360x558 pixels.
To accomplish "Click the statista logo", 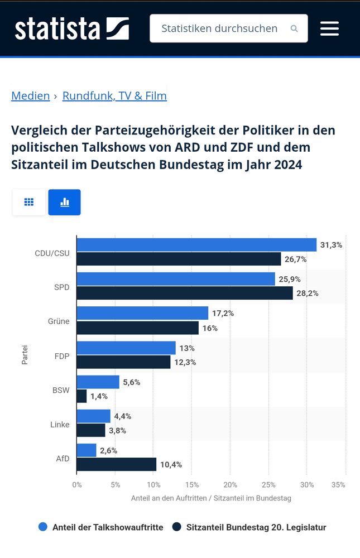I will [x=71, y=28].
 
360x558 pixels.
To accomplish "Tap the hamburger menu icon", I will [x=329, y=28].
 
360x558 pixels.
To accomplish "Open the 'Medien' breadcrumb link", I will [x=31, y=96].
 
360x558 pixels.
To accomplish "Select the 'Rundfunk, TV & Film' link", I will [x=114, y=96].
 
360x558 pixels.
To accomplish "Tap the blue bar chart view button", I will [x=64, y=202].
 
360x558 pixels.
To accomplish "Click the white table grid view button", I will [x=29, y=202].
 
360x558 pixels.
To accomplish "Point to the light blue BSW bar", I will [x=98, y=382].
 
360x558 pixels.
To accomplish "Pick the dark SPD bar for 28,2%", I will [x=185, y=293].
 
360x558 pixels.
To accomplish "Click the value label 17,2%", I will [x=223, y=314].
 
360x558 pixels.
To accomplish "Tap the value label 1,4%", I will [x=99, y=396].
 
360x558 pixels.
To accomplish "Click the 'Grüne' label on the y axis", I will [x=59, y=321].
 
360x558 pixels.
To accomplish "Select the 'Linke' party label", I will [x=60, y=425].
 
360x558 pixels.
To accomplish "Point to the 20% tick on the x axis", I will [x=231, y=485].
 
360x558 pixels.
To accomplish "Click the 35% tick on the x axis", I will [x=338, y=485].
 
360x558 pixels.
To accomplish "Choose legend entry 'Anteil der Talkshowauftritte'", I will [x=101, y=527].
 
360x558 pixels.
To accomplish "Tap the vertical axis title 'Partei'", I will [x=25, y=355].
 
